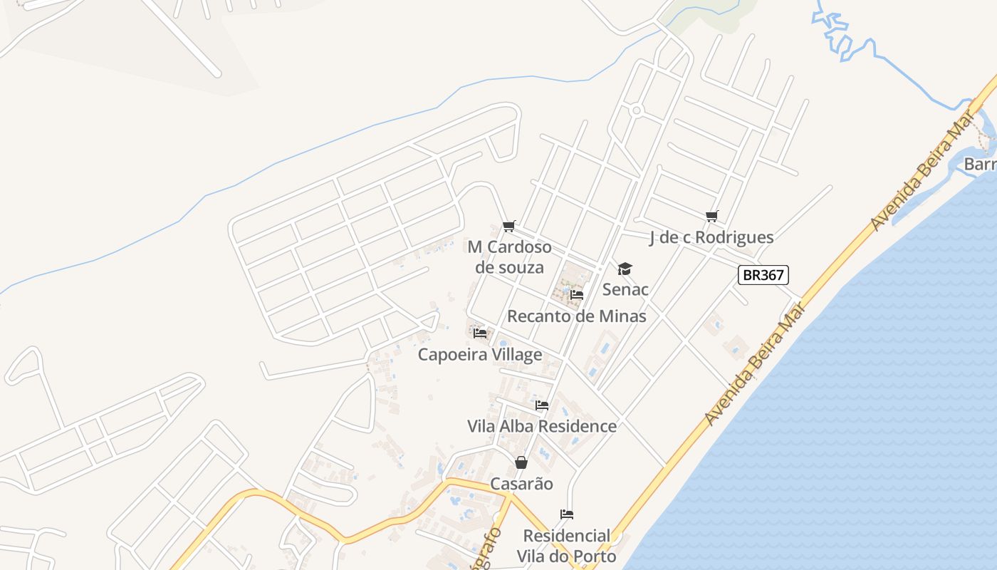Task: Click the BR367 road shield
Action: point(763,275)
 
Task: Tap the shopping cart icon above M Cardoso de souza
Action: point(508,227)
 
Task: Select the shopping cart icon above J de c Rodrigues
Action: point(711,216)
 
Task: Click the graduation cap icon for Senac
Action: point(625,269)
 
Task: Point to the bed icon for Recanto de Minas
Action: point(577,294)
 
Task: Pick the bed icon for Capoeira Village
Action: point(480,333)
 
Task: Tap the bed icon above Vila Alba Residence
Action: point(542,405)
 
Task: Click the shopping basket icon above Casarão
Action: point(521,462)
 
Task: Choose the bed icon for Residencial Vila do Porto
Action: point(567,514)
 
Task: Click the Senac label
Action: point(625,289)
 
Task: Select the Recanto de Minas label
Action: point(577,316)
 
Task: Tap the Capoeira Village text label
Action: point(480,354)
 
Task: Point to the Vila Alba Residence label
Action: point(542,426)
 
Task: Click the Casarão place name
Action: point(521,484)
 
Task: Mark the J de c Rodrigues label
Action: point(711,237)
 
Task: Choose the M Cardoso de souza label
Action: point(509,257)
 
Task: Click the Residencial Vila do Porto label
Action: point(567,546)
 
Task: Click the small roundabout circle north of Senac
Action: point(637,110)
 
